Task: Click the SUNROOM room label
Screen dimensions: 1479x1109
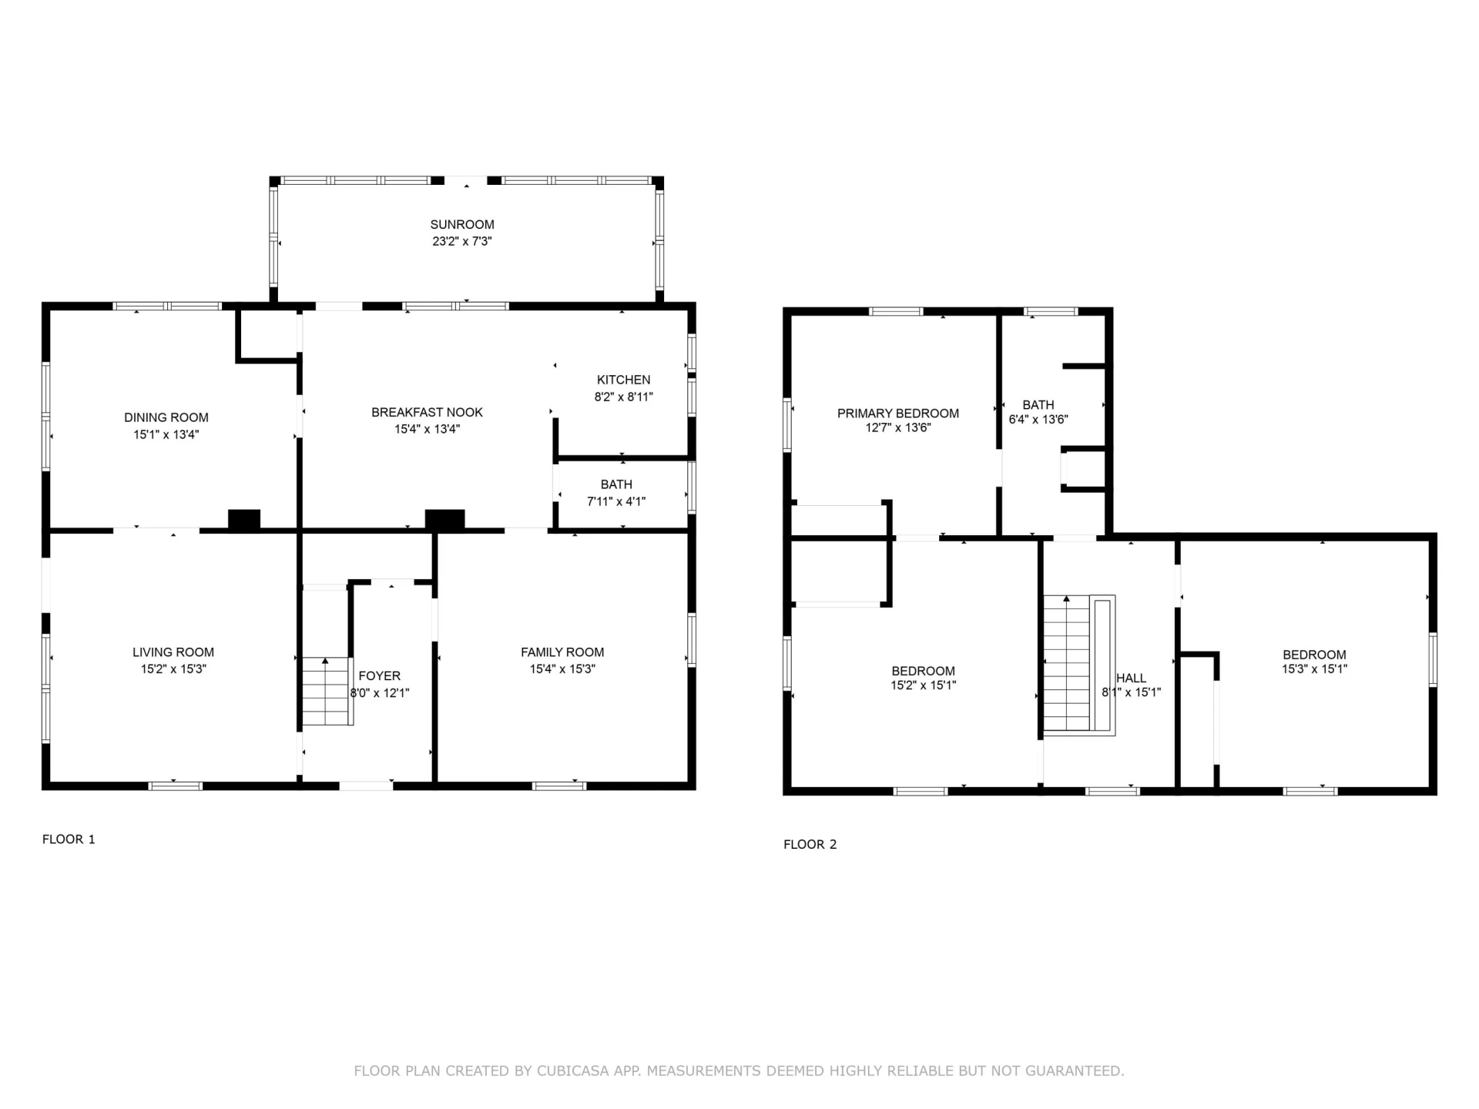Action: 462,225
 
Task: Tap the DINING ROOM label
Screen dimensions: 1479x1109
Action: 166,417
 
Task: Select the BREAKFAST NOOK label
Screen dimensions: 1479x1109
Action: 427,412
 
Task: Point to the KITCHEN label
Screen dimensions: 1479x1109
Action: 623,380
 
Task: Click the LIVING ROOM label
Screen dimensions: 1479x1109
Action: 173,652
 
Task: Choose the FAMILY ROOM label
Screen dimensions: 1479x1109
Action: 562,652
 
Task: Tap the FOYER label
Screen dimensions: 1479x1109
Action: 379,676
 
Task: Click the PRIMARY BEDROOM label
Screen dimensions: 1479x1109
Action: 898,414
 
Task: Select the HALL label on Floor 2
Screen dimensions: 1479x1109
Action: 1131,678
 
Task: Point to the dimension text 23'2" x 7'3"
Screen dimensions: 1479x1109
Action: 462,241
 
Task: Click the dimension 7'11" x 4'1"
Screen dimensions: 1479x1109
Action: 616,501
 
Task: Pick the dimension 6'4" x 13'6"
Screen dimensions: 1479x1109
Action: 1038,420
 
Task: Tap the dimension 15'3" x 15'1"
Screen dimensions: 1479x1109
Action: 1314,669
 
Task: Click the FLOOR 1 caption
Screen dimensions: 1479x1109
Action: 69,839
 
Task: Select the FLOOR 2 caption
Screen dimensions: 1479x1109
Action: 810,844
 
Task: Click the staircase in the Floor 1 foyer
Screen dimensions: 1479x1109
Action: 327,691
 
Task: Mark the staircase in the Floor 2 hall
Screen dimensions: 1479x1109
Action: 1079,665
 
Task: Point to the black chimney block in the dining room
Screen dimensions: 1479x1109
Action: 244,520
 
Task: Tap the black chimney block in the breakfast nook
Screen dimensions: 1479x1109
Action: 445,520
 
